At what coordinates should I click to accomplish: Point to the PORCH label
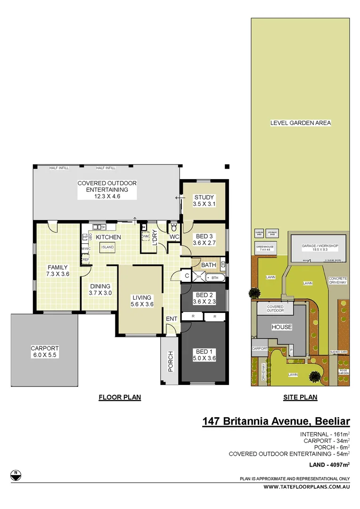pos(170,361)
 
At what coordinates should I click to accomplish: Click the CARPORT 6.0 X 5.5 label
pos(44,352)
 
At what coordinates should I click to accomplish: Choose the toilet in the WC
pos(174,226)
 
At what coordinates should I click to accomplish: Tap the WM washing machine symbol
pos(146,236)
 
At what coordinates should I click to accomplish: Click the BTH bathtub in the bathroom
pos(215,278)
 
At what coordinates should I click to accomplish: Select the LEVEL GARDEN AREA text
pos(300,123)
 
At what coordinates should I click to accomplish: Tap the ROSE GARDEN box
pos(344,371)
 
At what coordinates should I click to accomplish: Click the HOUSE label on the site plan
pos(281,327)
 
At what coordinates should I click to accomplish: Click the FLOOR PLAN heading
pos(120,397)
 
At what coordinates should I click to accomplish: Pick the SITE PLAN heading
pos(300,397)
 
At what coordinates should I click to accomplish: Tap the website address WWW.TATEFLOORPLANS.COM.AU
pos(306,487)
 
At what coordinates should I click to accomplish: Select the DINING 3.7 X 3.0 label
pos(100,289)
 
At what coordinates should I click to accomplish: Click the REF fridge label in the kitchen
pos(86,259)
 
